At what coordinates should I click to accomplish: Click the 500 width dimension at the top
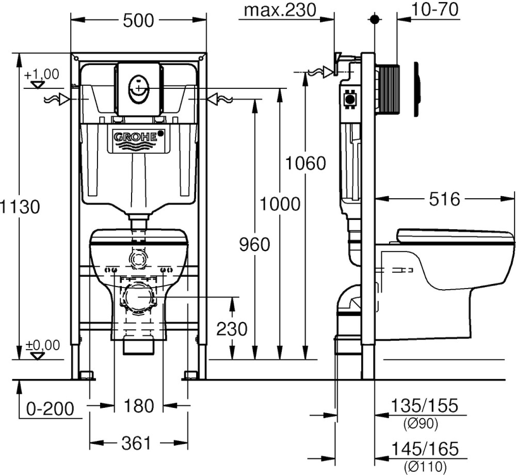(138, 21)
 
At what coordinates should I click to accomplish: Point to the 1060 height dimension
(305, 163)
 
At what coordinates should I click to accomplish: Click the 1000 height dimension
(280, 204)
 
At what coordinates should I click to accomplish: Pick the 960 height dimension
(254, 245)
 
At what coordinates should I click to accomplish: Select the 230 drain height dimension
(232, 328)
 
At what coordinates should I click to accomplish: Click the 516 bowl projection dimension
(444, 199)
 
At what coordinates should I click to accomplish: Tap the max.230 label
(280, 10)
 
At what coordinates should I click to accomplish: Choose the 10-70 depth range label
(434, 9)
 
